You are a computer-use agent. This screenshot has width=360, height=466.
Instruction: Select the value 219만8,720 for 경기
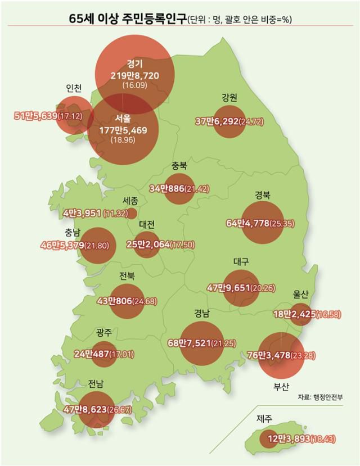134,74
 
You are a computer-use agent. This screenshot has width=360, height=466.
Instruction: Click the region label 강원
229,97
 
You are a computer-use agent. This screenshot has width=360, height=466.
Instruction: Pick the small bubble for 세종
132,213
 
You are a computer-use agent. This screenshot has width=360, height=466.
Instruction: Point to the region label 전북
127,276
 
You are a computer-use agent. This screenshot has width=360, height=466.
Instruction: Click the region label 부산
281,387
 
